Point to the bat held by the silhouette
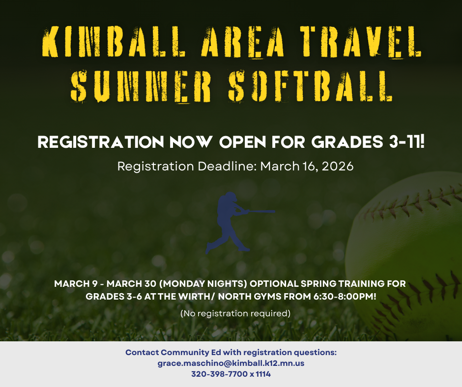click(258, 212)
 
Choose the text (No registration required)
click(235, 313)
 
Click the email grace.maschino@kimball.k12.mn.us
click(231, 363)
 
